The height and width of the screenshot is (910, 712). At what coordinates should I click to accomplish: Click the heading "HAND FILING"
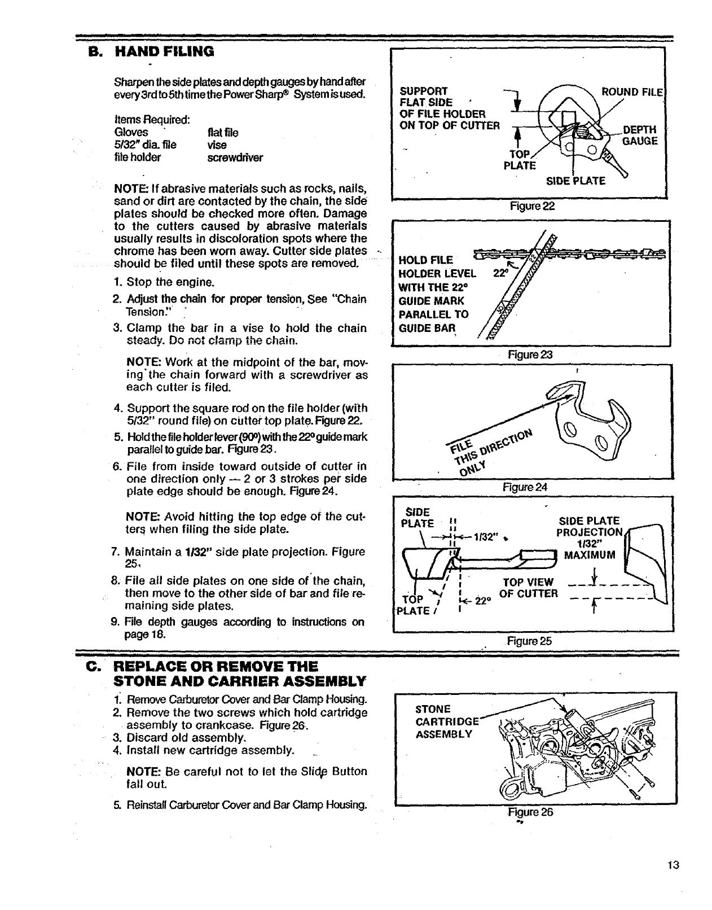[164, 52]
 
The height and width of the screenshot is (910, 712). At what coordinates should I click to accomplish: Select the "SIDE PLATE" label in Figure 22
[575, 181]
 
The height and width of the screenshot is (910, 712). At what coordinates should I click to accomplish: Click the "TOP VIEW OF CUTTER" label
[528, 588]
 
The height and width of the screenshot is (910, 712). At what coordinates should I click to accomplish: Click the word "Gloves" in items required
[131, 133]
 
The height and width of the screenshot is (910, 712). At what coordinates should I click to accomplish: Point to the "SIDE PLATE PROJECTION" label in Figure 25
[589, 527]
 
